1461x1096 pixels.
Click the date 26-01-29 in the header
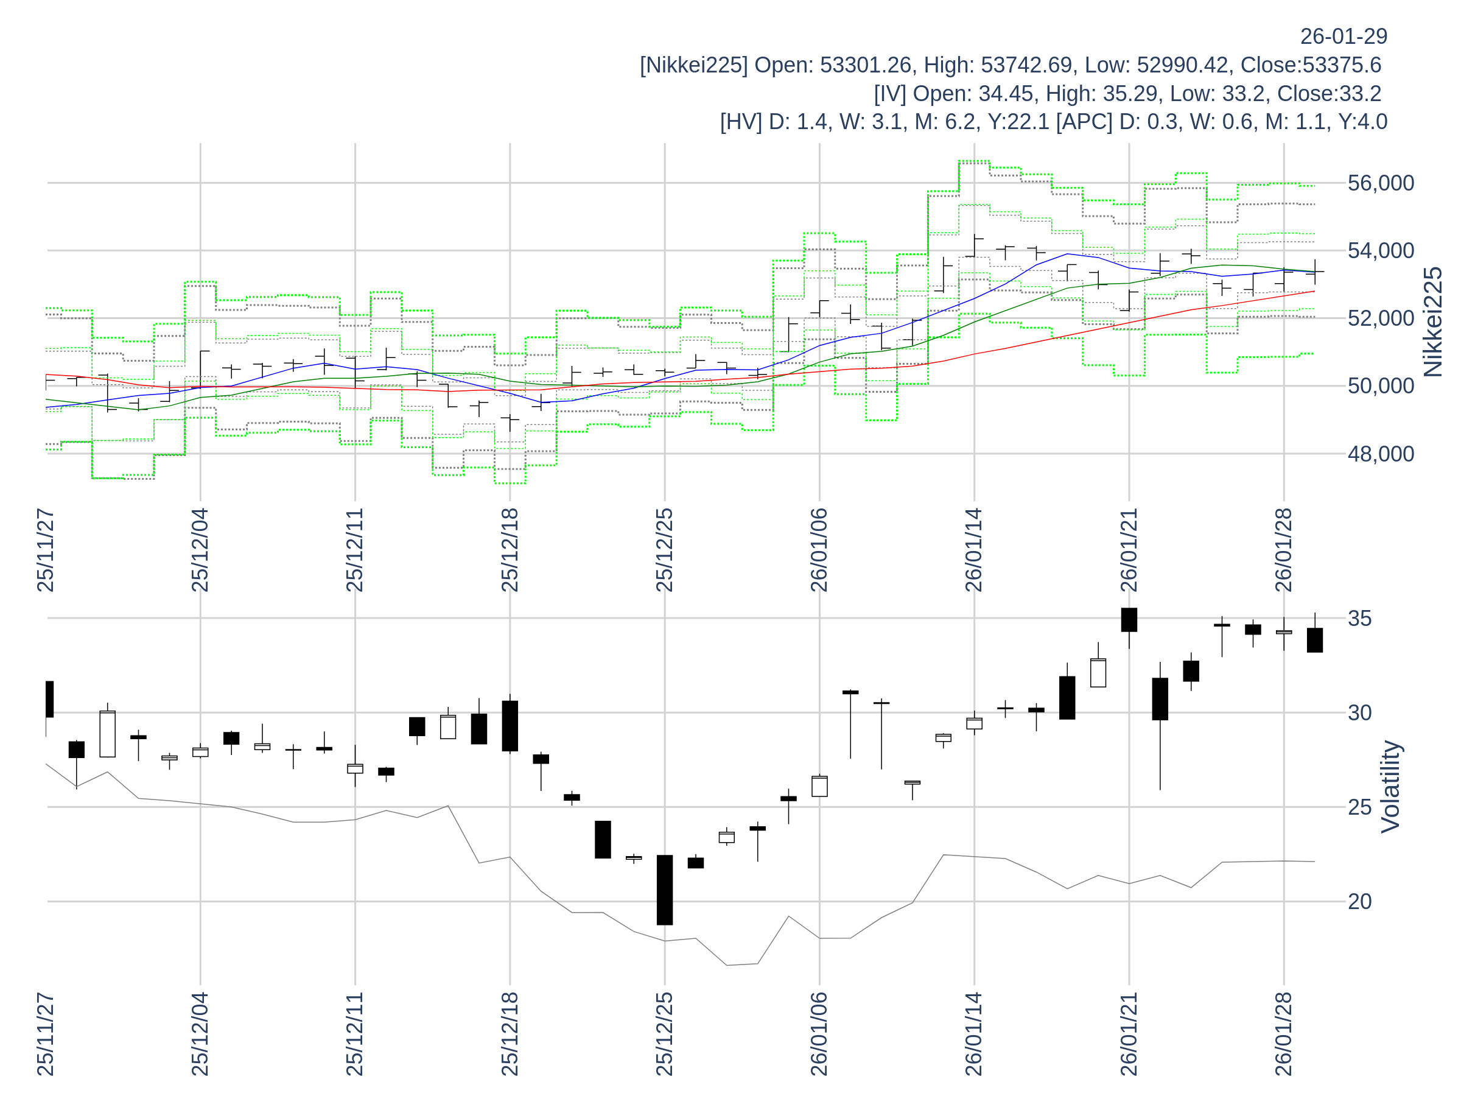(x=1344, y=37)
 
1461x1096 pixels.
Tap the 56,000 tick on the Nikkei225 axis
(x=1381, y=183)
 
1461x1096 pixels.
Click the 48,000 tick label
(x=1381, y=454)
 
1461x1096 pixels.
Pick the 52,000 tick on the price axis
(x=1381, y=318)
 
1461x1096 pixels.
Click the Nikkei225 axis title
(x=1433, y=321)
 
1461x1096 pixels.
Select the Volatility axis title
(x=1390, y=787)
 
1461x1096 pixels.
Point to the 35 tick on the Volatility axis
(x=1359, y=619)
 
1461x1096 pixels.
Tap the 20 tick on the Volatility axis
(x=1359, y=902)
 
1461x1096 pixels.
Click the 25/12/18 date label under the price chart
(x=510, y=550)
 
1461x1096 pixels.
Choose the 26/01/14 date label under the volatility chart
(x=974, y=1034)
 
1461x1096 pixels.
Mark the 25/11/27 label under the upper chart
(x=46, y=550)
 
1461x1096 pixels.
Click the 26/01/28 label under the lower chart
(x=1283, y=1034)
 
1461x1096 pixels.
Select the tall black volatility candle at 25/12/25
(x=665, y=890)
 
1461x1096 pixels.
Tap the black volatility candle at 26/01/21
(x=1129, y=620)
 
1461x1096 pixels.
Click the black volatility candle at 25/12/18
(x=510, y=726)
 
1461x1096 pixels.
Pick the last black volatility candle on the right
(x=1314, y=640)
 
